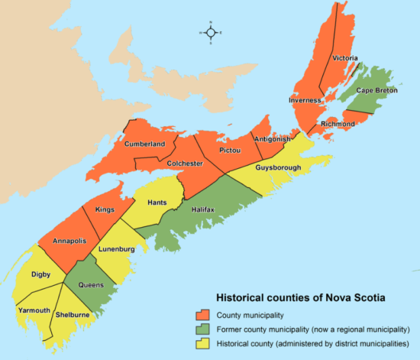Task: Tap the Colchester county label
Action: point(182,164)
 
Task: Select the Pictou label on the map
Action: point(230,151)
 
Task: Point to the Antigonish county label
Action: point(273,139)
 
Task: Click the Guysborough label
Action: point(278,167)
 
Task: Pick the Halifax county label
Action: point(202,209)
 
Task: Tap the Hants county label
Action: point(157,203)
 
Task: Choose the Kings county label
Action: point(105,209)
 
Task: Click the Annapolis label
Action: point(69,242)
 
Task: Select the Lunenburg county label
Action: point(116,249)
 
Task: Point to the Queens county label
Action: point(91,284)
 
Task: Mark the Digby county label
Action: point(41,273)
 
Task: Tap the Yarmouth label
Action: point(34,310)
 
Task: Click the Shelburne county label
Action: point(73,314)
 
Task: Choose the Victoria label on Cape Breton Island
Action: point(344,58)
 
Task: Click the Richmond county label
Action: point(338,123)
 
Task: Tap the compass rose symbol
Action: point(211,34)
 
